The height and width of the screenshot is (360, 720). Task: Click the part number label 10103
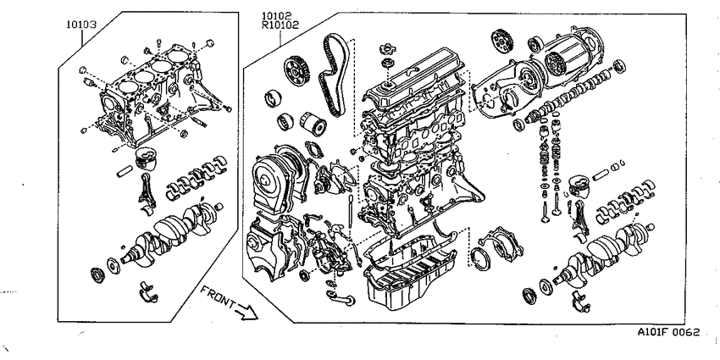pyautogui.click(x=80, y=25)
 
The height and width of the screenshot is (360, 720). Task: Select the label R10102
pyautogui.click(x=280, y=25)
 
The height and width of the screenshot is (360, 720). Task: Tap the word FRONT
pyautogui.click(x=219, y=298)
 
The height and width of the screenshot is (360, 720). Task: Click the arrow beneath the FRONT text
pyautogui.click(x=246, y=312)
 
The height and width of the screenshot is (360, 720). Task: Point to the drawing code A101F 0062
pyautogui.click(x=668, y=331)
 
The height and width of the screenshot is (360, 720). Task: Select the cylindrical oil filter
pyautogui.click(x=313, y=124)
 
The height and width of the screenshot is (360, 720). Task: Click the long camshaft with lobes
pyautogui.click(x=569, y=94)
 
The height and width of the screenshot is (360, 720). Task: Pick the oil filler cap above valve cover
pyautogui.click(x=388, y=48)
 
